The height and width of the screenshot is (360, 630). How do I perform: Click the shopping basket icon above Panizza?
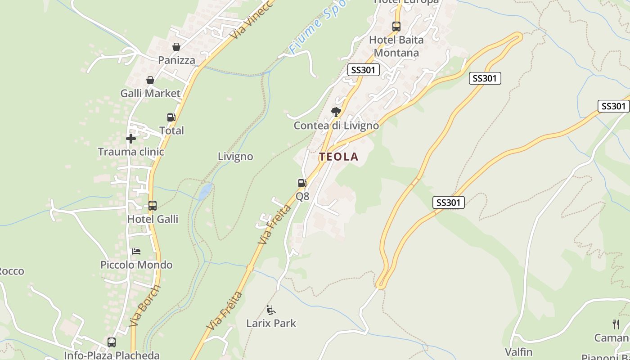click(x=176, y=47)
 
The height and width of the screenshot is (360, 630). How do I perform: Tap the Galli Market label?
click(x=150, y=93)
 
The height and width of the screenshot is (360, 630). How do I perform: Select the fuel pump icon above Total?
click(x=171, y=117)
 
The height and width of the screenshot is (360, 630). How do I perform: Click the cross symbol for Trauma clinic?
click(x=131, y=139)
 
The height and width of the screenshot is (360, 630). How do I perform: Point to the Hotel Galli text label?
click(x=153, y=219)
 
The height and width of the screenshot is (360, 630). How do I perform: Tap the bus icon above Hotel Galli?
click(x=153, y=206)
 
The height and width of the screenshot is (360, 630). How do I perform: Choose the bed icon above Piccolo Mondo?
click(x=136, y=251)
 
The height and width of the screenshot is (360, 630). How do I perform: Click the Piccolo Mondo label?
click(x=136, y=265)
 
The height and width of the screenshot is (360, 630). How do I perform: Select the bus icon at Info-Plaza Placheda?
click(x=112, y=342)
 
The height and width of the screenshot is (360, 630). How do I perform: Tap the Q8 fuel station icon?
click(x=302, y=183)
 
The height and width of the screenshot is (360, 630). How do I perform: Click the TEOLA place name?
click(x=339, y=157)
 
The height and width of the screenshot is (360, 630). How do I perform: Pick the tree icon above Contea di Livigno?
click(x=336, y=112)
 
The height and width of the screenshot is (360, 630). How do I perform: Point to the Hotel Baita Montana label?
click(x=396, y=46)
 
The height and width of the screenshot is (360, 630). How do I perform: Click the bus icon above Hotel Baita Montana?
click(x=396, y=27)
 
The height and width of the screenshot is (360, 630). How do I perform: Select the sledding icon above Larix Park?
click(x=271, y=310)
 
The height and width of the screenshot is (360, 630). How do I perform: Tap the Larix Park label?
click(x=271, y=323)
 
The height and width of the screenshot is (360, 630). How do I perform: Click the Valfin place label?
click(x=518, y=352)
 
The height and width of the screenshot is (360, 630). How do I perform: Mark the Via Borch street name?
click(x=144, y=306)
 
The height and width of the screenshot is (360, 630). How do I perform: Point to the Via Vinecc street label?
click(x=251, y=20)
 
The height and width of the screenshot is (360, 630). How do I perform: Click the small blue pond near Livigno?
click(x=205, y=191)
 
